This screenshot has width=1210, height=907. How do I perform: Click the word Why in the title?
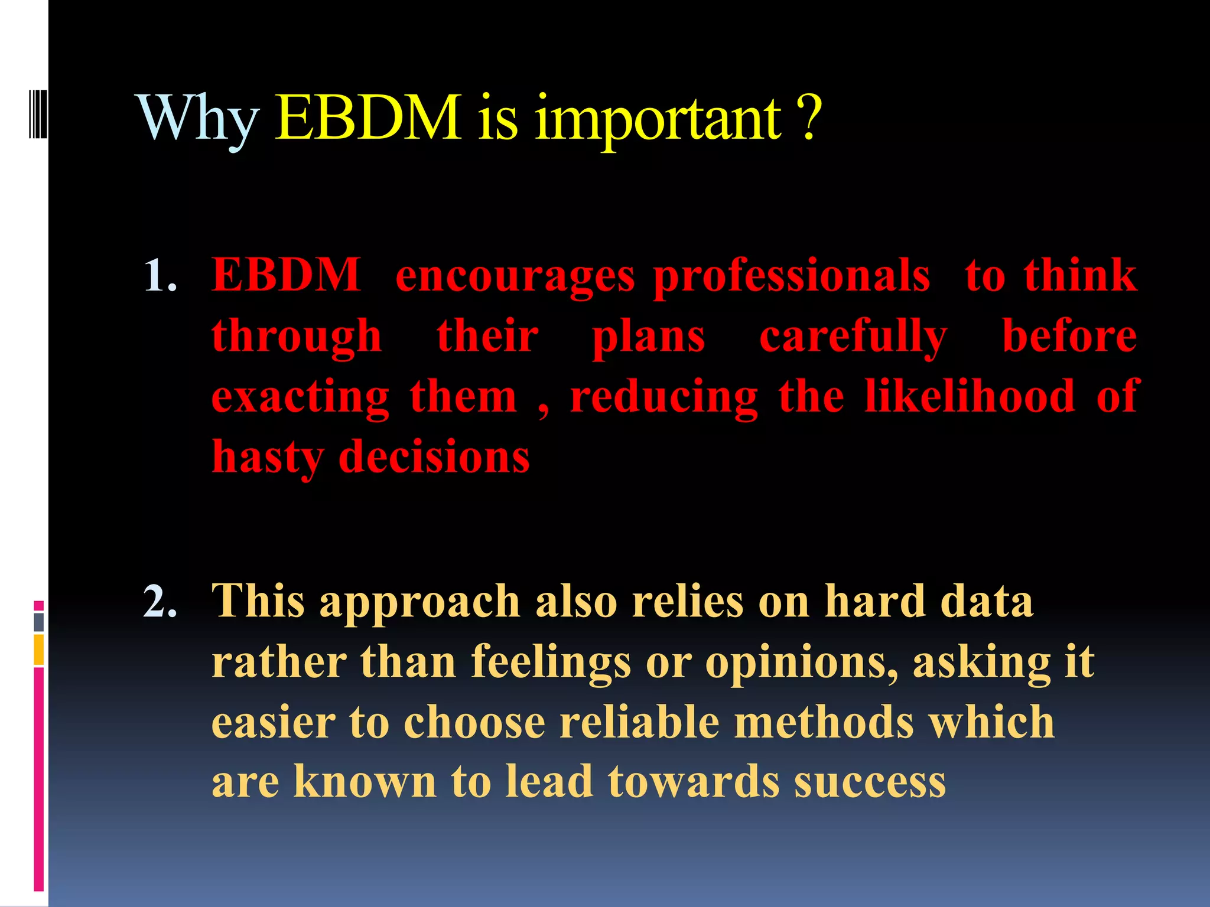(x=199, y=120)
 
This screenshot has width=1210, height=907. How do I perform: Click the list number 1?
(x=160, y=276)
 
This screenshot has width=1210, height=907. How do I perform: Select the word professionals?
(x=792, y=276)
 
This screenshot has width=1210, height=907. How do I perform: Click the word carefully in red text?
(x=853, y=337)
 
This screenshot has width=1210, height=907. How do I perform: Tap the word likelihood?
(x=969, y=396)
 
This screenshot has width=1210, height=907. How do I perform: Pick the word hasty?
(x=268, y=458)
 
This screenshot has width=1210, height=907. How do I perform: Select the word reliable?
(x=639, y=722)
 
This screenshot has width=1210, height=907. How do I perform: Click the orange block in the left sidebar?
(x=38, y=650)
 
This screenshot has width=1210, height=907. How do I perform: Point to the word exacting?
(x=301, y=397)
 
